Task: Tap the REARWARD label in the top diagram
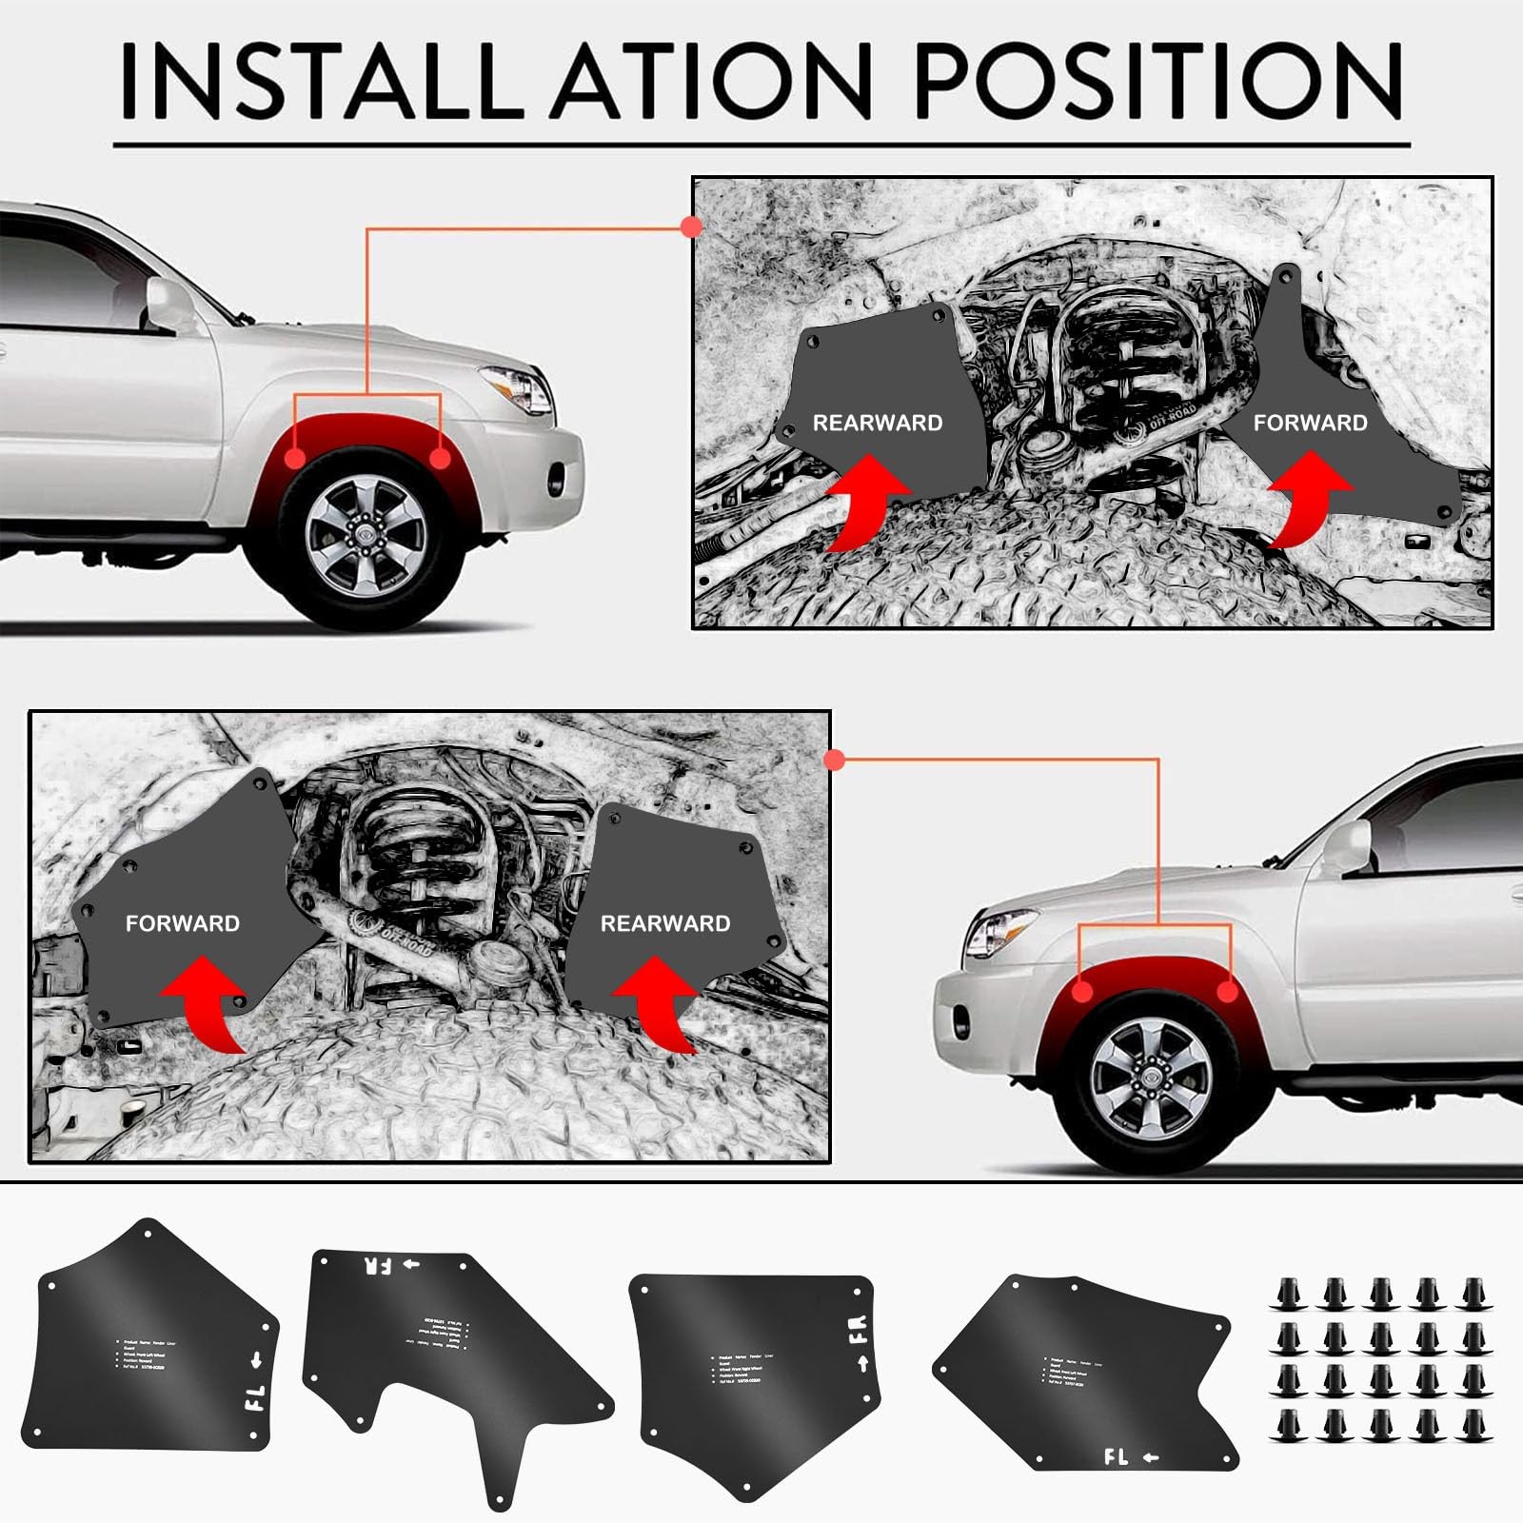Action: point(877,423)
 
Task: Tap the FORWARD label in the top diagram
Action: point(1310,423)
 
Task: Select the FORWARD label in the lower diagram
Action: point(182,923)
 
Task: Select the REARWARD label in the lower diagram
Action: point(664,923)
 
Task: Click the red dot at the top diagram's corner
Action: point(692,227)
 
